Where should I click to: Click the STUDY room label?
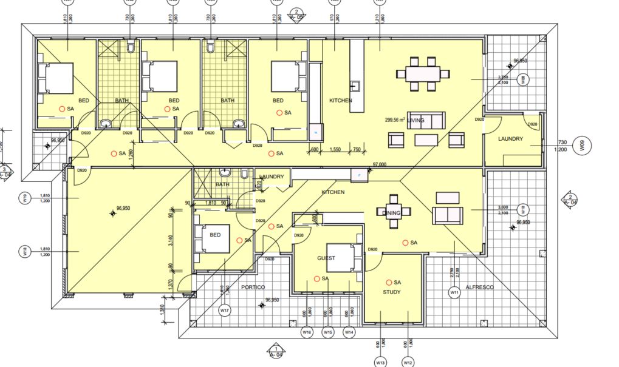click(x=392, y=292)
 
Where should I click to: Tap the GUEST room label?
click(x=326, y=258)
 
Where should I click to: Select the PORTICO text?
click(x=254, y=286)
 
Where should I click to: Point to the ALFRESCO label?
click(x=479, y=286)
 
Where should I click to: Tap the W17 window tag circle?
click(x=224, y=311)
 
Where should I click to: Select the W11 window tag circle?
click(x=454, y=293)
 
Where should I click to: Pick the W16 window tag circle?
click(x=307, y=332)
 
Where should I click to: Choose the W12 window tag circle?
click(x=408, y=363)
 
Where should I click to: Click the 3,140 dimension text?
click(x=171, y=241)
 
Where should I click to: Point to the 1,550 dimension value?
click(x=335, y=150)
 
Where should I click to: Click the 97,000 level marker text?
click(x=380, y=164)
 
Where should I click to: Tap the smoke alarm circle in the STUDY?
click(x=389, y=282)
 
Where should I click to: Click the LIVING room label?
click(x=416, y=120)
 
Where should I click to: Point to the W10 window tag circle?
click(x=521, y=210)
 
